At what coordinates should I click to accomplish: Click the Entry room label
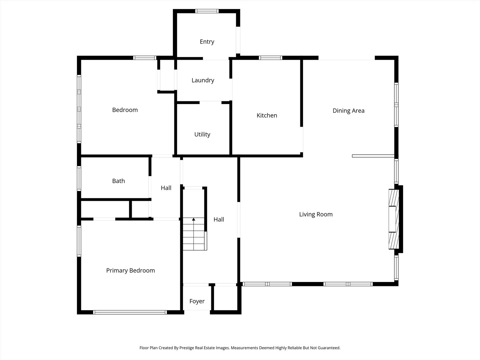pos(207,42)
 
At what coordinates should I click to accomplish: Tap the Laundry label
pos(203,80)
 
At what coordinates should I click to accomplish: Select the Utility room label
pos(202,134)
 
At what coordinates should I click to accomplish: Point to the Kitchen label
pos(267,115)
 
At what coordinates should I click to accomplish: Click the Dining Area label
pos(349,111)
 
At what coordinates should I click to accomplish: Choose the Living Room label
pos(316,214)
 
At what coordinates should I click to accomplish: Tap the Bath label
pos(119,181)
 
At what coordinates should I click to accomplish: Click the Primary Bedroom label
pos(131,271)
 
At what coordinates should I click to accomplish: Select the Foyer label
pos(197,301)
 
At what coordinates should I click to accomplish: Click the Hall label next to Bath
pos(166,188)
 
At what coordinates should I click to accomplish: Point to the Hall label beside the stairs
pos(219,219)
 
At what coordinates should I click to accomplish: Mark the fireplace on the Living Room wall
pos(394,219)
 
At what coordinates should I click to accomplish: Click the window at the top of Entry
pos(207,11)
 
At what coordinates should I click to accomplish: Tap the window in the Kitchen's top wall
pos(271,58)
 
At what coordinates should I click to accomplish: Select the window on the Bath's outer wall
pos(79,178)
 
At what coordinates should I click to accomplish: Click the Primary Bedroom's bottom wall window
pos(130,312)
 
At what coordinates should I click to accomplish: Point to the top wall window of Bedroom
pos(145,58)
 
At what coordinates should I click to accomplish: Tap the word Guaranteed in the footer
pos(329,348)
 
